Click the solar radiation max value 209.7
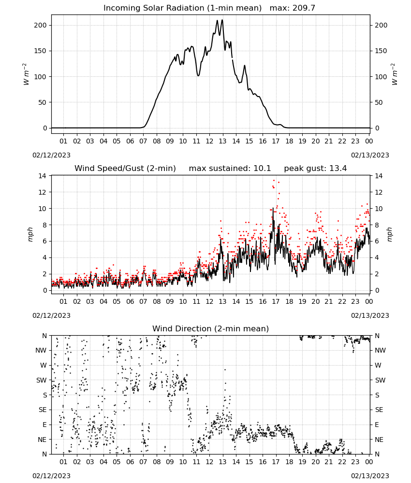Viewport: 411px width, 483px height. pyautogui.click(x=303, y=8)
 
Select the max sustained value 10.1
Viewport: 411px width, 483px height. pyautogui.click(x=262, y=169)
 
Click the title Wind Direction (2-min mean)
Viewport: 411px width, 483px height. pyautogui.click(x=211, y=328)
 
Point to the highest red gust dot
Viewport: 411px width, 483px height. pyautogui.click(x=274, y=180)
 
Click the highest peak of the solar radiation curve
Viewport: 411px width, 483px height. pyautogui.click(x=222, y=20)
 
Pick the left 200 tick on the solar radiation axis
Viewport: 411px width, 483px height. pyautogui.click(x=40, y=25)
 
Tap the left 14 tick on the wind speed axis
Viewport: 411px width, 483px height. pyautogui.click(x=42, y=176)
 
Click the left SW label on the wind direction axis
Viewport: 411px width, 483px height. pyautogui.click(x=41, y=380)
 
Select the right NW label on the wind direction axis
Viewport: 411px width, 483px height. pyautogui.click(x=380, y=350)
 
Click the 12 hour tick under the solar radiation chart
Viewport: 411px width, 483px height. pyautogui.click(x=209, y=141)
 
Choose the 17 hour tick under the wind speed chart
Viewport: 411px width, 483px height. pyautogui.click(x=276, y=301)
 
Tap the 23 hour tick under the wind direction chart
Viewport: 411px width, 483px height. pyautogui.click(x=355, y=462)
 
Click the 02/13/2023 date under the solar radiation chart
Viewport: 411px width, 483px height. pyautogui.click(x=370, y=155)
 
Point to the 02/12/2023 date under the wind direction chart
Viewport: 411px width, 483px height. pyautogui.click(x=51, y=476)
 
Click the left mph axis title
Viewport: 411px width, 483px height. pyautogui.click(x=30, y=234)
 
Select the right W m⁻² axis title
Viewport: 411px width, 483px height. pyautogui.click(x=395, y=74)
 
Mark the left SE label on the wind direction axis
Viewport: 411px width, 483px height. pyautogui.click(x=43, y=410)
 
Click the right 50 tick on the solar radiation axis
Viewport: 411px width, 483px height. pyautogui.click(x=379, y=102)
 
